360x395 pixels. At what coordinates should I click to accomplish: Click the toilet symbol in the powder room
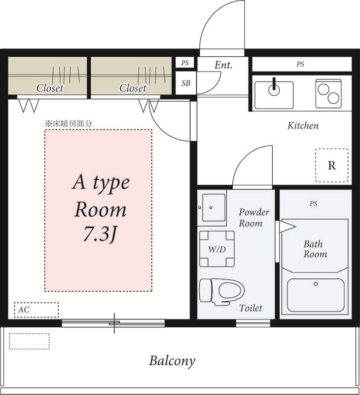pos(221,291)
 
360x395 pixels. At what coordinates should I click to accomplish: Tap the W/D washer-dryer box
pos(217,249)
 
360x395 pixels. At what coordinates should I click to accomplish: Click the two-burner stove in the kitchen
pos(328,94)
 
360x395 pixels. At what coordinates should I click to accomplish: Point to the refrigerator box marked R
pos(332,165)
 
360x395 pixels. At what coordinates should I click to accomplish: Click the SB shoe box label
pos(186,83)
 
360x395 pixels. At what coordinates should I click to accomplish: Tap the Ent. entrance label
pos(223,65)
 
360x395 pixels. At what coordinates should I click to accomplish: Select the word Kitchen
pos(303,125)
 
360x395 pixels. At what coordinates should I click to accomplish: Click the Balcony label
pos(172,361)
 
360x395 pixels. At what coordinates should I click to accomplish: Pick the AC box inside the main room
pos(36,310)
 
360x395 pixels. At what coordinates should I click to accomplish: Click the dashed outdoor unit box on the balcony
pos(29,341)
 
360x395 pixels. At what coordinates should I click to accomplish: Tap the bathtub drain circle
pos(316,283)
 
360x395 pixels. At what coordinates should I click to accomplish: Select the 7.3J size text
pos(100,234)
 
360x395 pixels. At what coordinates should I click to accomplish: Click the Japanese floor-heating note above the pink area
pos(69,124)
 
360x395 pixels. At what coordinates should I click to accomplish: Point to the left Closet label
pos(49,88)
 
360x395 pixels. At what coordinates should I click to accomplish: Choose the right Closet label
pos(133,88)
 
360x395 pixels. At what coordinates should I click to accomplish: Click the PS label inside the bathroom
pos(314,203)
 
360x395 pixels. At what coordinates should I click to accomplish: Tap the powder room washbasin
pos(214,207)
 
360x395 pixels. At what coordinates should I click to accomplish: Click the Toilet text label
pos(251,308)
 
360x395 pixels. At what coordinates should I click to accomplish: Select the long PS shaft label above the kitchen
pos(300,64)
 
